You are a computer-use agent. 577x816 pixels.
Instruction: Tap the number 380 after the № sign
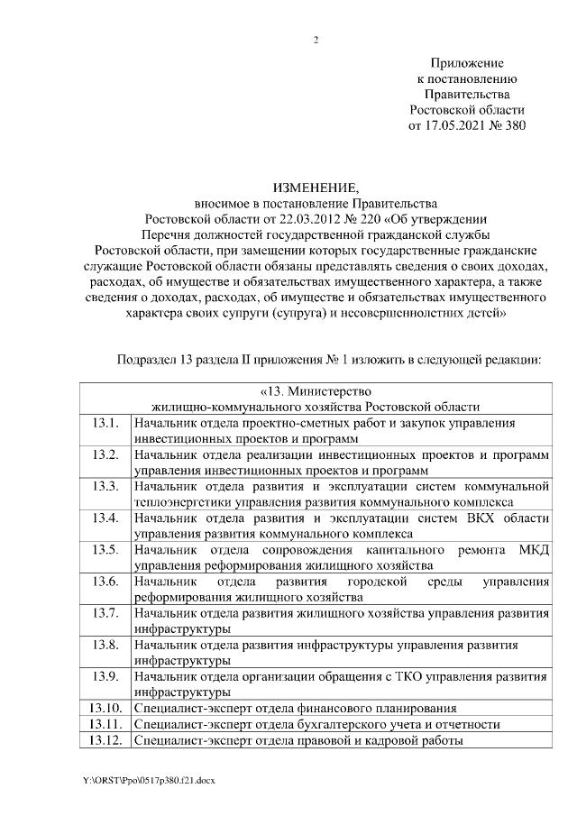pyautogui.click(x=514, y=125)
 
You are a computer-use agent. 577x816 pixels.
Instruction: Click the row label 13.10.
pyautogui.click(x=105, y=708)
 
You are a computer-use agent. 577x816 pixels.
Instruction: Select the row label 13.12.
pyautogui.click(x=105, y=740)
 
